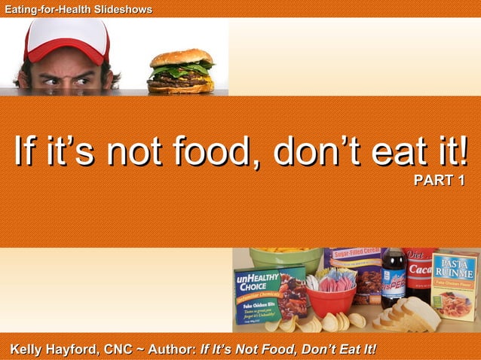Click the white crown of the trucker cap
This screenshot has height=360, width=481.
tap(68, 31)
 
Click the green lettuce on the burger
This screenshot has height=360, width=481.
tap(181, 69)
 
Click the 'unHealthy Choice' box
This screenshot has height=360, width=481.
tap(267, 294)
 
